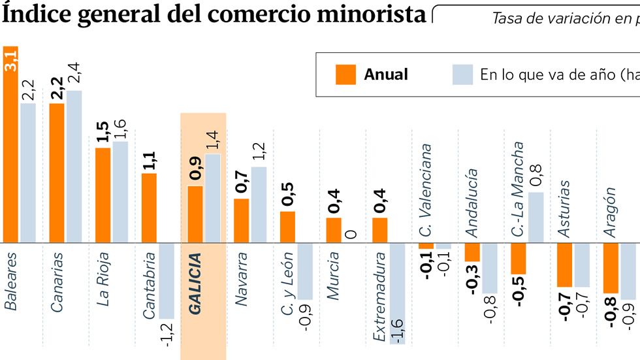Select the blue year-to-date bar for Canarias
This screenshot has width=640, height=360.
point(74,167)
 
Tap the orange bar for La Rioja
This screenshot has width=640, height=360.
point(103,195)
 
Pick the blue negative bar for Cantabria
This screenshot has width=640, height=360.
point(166,281)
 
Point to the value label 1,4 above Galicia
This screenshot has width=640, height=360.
point(213,140)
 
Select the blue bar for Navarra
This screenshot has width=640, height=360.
point(259,205)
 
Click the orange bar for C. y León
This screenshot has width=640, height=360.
point(287,227)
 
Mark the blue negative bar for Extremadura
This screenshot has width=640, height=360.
point(397,293)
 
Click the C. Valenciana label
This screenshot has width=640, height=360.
point(426,190)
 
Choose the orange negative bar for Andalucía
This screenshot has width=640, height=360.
point(472,252)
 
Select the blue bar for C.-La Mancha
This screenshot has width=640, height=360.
point(536,218)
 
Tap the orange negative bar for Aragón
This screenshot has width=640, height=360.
point(611,268)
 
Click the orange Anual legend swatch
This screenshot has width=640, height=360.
point(345,74)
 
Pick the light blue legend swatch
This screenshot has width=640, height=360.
point(462,74)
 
